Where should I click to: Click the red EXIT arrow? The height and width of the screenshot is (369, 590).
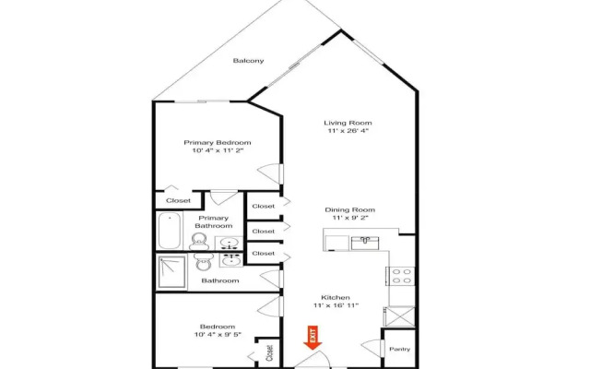313,338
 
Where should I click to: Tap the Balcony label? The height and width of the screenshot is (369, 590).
248,61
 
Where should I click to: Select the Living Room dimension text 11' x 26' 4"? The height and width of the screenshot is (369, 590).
348,131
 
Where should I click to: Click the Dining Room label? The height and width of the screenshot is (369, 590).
350,209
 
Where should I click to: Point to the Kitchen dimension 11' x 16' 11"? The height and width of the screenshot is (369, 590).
336,305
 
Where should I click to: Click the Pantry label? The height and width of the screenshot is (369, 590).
399,349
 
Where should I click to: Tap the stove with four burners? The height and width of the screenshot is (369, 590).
401,276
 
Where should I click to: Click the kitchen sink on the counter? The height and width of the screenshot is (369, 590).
365,244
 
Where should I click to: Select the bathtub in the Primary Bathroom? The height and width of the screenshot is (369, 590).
170,231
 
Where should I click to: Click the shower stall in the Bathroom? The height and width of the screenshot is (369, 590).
172,271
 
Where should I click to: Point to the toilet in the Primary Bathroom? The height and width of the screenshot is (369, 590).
199,242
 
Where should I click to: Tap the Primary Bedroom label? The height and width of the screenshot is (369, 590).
218,142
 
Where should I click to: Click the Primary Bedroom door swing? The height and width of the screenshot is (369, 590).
270,173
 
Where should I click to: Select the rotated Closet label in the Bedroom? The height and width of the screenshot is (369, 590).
269,353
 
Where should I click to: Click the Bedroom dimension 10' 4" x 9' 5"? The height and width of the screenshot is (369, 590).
218,334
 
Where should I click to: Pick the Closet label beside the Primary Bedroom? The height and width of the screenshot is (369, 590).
178,201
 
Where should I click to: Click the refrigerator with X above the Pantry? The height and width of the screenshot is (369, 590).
399,316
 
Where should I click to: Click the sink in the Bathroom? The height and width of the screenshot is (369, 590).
230,260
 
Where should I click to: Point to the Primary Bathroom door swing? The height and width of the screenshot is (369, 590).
223,197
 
